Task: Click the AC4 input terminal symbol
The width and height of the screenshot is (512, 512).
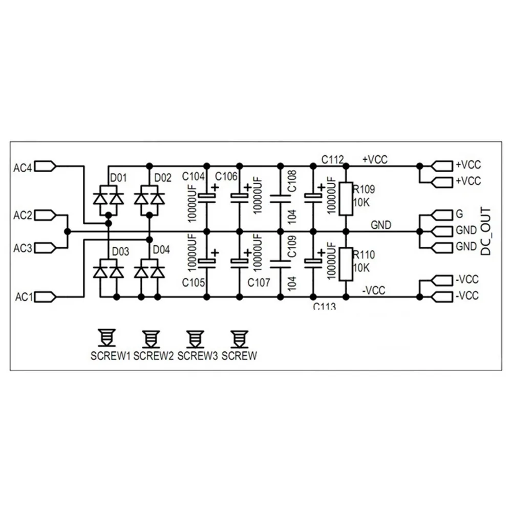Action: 46,166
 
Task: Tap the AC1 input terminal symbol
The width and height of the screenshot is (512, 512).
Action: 46,297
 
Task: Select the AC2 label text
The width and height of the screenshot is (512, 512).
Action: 23,216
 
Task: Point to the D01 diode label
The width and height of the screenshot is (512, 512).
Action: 118,178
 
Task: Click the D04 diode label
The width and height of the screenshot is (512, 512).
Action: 161,250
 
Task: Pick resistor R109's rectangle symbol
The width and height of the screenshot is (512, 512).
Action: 346,199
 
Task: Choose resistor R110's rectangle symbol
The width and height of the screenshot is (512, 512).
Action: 346,264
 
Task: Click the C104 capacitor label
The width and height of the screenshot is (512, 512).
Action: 194,177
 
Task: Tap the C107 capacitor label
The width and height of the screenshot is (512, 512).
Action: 259,283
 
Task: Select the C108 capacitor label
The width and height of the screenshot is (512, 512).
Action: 292,181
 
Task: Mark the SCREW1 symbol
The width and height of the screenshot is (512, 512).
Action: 106,337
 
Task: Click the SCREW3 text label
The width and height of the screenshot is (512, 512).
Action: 198,356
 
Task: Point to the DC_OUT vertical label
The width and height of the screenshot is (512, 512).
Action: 485,231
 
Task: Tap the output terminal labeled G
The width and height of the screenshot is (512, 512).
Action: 442,215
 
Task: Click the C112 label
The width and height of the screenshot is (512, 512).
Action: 333,160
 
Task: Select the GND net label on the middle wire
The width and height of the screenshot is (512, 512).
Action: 381,225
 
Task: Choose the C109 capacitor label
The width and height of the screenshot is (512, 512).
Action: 292,247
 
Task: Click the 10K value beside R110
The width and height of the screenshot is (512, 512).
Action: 361,268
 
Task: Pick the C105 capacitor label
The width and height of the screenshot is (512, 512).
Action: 194,283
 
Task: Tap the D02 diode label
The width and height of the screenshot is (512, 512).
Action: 163,178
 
